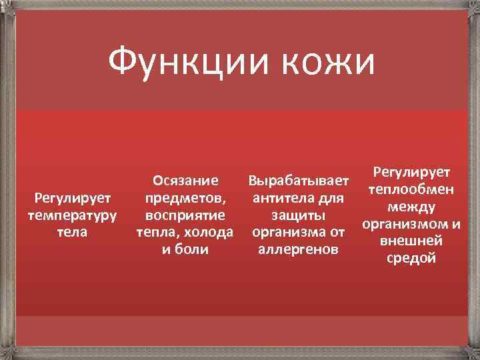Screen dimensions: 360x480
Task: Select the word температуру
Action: point(73,216)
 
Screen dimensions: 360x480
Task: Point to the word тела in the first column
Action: point(73,233)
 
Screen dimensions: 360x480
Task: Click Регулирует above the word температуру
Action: point(73,198)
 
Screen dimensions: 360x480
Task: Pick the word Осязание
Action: point(185,181)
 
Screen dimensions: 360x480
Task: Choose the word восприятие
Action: point(185,216)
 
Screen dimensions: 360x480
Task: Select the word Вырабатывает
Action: point(298,181)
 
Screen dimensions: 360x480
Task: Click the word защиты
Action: point(298,216)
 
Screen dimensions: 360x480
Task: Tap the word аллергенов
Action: point(298,251)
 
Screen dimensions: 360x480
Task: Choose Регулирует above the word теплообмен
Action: point(411,173)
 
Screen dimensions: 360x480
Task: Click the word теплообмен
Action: point(411,189)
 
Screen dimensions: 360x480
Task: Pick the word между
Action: point(411,207)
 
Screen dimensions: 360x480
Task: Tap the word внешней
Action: point(411,241)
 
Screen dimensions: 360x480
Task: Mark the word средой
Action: point(411,259)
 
